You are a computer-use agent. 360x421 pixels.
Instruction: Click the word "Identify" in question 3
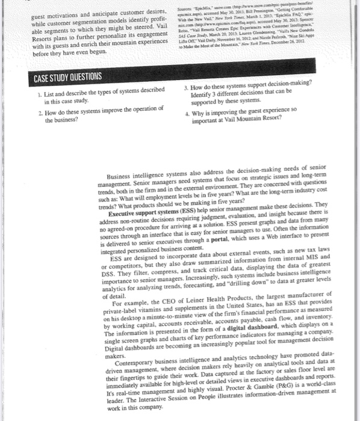201,97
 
